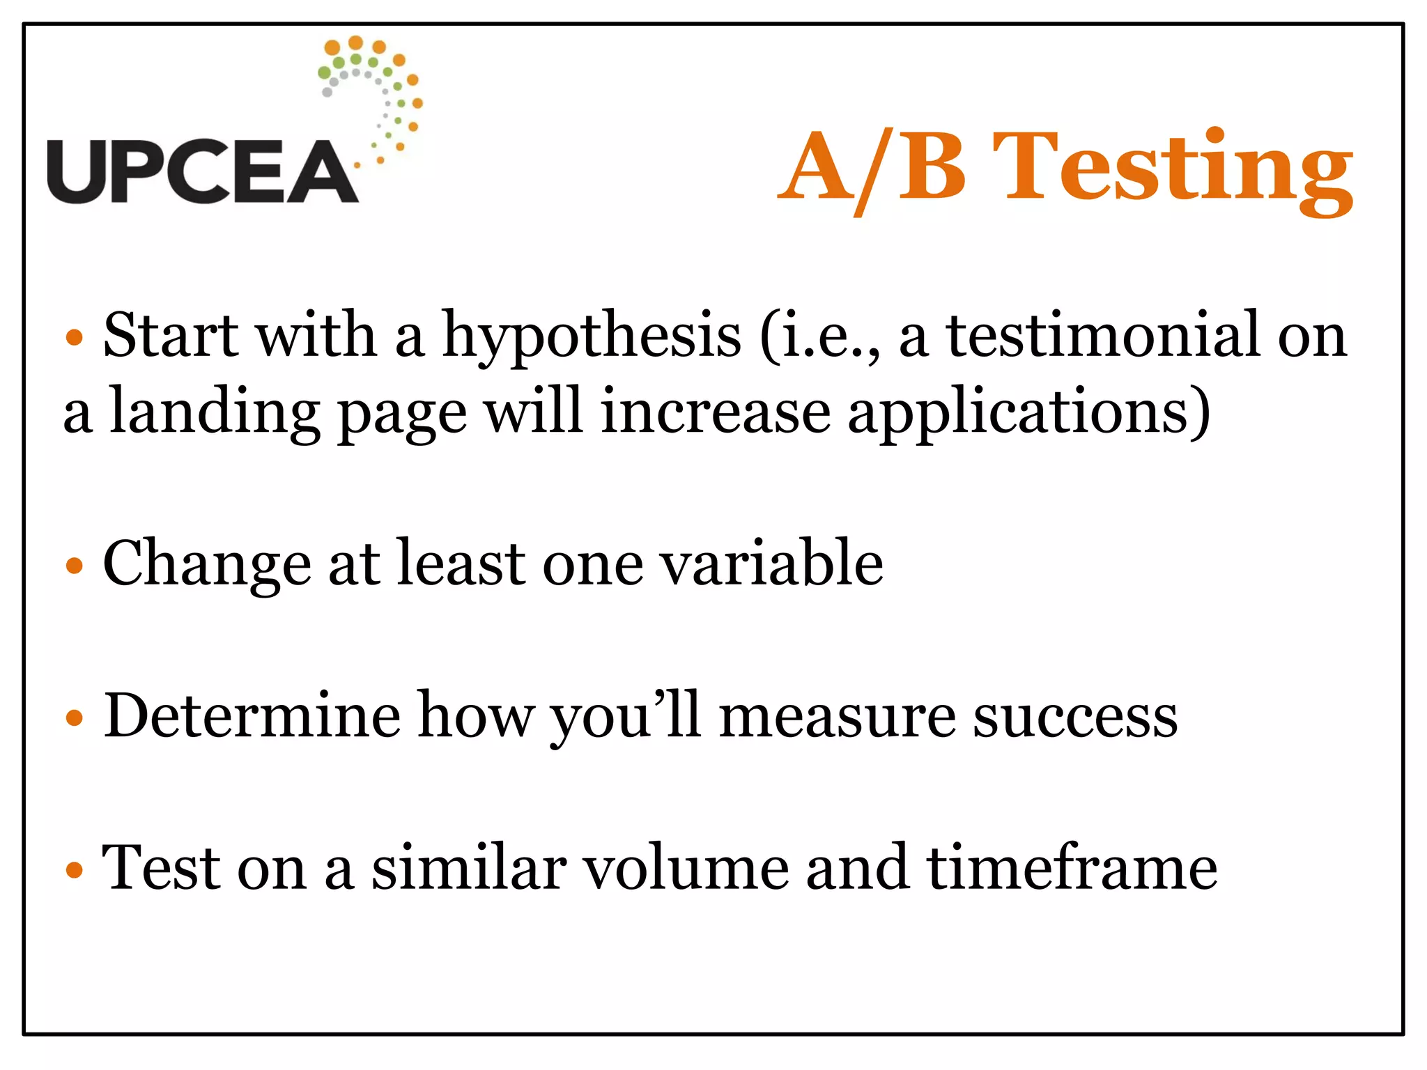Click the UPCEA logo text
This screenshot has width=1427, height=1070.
pyautogui.click(x=202, y=171)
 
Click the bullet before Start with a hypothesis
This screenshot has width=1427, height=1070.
pyautogui.click(x=74, y=339)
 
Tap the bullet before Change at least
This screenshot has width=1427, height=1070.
pyautogui.click(x=74, y=566)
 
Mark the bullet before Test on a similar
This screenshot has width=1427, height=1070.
pyautogui.click(x=74, y=870)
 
